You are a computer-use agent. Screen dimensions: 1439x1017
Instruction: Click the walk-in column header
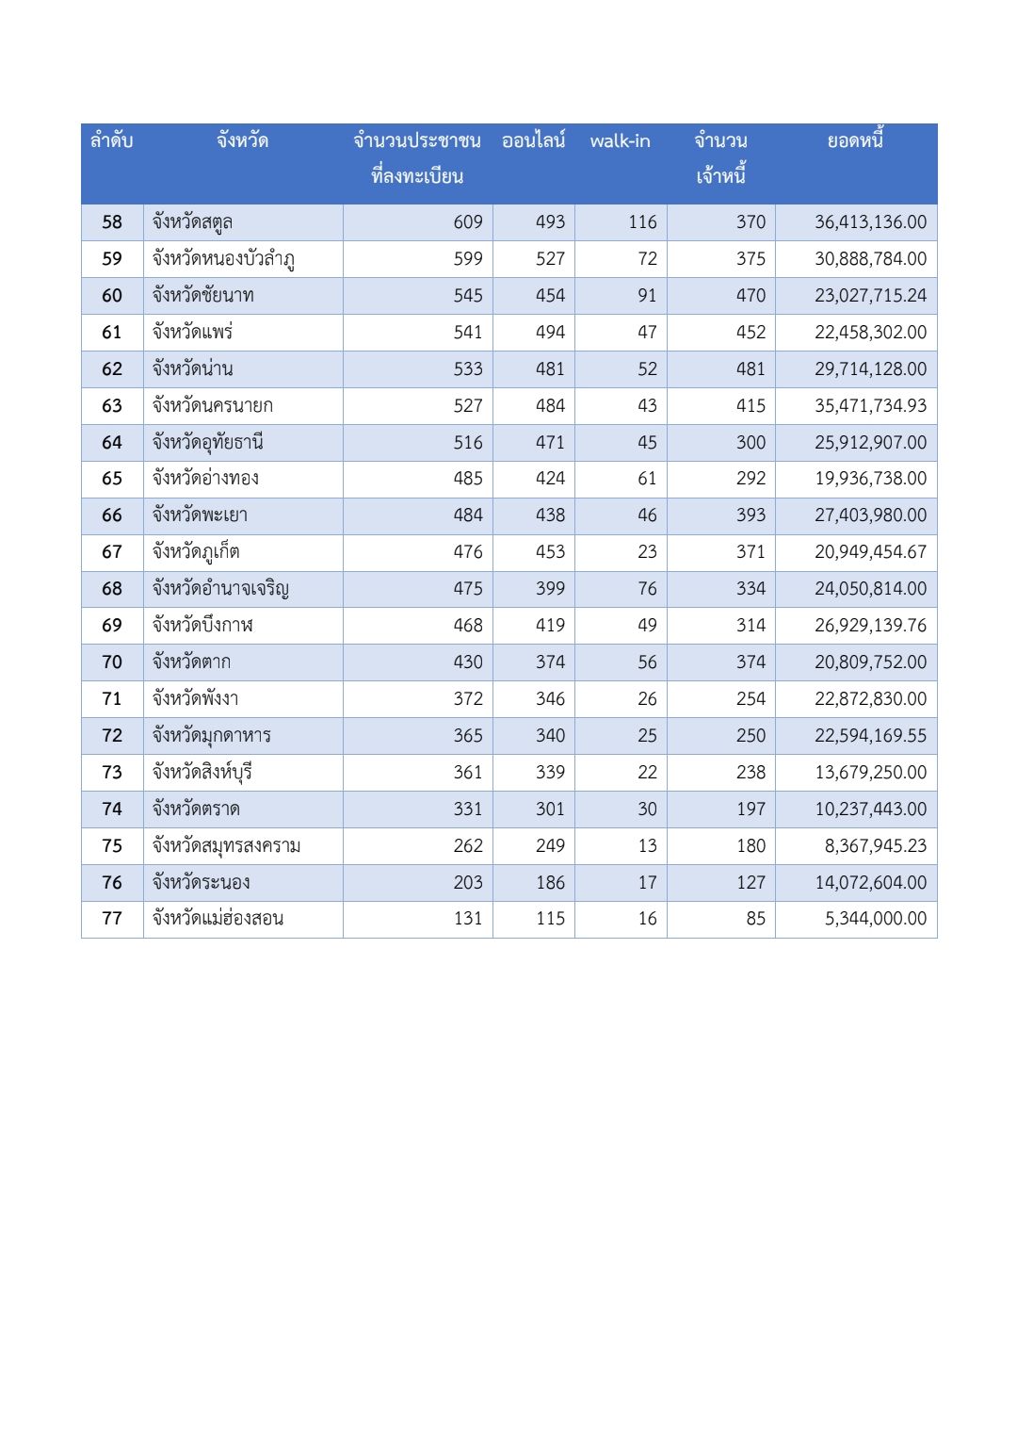tap(620, 141)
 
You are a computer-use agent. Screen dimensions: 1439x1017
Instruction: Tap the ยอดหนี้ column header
tap(855, 141)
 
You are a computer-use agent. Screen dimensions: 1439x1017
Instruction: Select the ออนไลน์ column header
tap(533, 141)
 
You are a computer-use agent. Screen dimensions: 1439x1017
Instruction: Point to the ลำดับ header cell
tap(111, 141)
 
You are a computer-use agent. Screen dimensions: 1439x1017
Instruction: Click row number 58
tap(112, 222)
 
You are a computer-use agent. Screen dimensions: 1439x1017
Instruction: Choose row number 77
tap(112, 919)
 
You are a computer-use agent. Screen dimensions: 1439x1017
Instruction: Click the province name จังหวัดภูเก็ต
tap(196, 552)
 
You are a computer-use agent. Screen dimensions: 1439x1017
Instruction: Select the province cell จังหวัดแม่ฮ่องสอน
tap(218, 919)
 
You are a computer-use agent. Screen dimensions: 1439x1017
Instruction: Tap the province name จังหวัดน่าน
tap(192, 369)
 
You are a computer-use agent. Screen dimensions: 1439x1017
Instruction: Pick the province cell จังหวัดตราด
tap(196, 809)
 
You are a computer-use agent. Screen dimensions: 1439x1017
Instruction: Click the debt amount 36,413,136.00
tap(870, 222)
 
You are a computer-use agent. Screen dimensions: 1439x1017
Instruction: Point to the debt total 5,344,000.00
tap(876, 919)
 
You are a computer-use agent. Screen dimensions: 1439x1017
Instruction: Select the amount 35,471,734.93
tap(870, 406)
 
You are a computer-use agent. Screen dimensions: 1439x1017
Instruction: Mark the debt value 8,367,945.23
tap(876, 846)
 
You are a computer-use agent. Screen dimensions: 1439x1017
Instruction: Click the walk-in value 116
tap(642, 222)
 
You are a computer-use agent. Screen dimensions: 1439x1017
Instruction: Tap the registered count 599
tap(467, 259)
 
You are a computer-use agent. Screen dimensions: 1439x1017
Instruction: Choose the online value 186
tap(550, 883)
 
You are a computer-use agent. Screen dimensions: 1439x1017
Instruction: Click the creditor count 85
tap(755, 919)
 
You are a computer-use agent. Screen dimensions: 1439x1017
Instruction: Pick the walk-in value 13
tap(647, 846)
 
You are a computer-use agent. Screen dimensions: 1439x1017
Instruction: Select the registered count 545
tap(467, 296)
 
